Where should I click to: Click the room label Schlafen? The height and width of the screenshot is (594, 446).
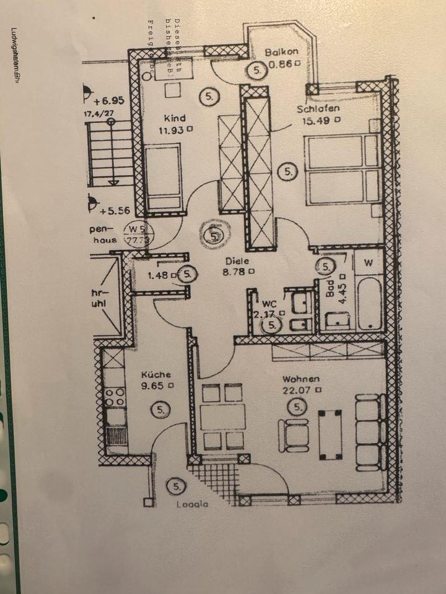318,110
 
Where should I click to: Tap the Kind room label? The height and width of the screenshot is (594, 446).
174,118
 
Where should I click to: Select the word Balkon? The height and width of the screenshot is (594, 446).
282,53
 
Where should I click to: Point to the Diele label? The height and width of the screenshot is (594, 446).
237,260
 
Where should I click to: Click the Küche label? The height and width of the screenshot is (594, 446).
155,374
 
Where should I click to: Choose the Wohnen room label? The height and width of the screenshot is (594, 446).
300,379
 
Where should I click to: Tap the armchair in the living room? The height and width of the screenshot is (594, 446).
294,434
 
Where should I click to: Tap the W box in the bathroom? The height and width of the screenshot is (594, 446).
369,263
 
